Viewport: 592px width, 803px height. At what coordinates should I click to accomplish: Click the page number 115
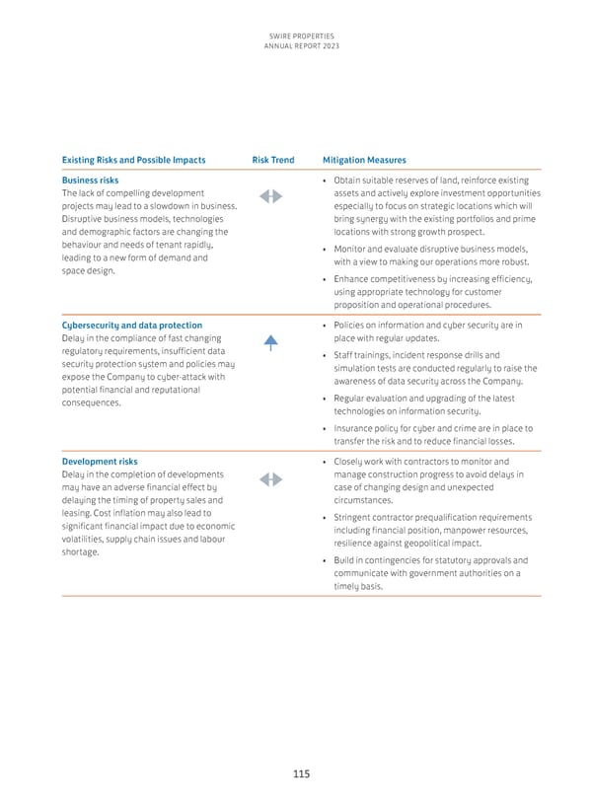[300, 774]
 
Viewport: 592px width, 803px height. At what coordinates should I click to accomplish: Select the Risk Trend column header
[272, 160]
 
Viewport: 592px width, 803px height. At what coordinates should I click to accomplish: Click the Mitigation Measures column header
[364, 160]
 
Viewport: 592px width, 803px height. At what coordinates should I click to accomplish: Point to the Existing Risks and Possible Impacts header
[133, 160]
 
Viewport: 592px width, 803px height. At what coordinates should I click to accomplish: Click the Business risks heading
[90, 181]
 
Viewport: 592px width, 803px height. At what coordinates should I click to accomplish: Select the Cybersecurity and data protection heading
[131, 326]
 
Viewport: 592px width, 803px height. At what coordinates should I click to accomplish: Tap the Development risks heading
[99, 462]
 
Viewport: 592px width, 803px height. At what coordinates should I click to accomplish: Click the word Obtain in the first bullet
[348, 181]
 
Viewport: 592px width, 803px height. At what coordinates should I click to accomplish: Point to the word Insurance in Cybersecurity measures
[354, 429]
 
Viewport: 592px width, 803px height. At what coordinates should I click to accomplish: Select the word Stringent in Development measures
[354, 518]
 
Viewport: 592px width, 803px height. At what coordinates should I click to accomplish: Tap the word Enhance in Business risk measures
[353, 280]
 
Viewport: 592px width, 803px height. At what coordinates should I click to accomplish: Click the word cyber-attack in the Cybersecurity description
[200, 377]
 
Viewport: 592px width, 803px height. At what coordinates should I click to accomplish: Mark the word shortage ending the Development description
[82, 552]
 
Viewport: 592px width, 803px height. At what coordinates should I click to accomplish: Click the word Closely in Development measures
[350, 462]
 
